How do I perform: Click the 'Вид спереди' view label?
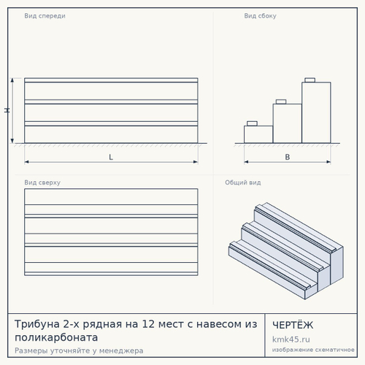tap(45, 16)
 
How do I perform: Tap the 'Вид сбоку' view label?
tap(260, 16)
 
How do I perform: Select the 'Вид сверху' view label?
tap(42, 182)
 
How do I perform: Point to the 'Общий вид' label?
tap(243, 182)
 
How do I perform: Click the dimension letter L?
tap(111, 157)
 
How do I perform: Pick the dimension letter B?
tap(288, 157)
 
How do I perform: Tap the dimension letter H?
tap(7, 110)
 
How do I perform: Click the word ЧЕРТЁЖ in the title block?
tap(293, 325)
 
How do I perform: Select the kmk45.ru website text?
tap(291, 339)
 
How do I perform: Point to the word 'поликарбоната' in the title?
tap(56, 337)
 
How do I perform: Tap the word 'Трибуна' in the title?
tap(37, 324)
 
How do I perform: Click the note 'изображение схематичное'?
tap(313, 350)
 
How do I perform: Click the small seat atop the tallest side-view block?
tap(310, 80)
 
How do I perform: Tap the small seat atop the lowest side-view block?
tap(252, 123)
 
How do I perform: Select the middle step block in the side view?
tap(288, 123)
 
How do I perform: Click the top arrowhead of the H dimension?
tap(12, 80)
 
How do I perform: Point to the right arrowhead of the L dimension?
tap(196, 162)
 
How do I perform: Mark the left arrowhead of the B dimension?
tap(246, 162)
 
